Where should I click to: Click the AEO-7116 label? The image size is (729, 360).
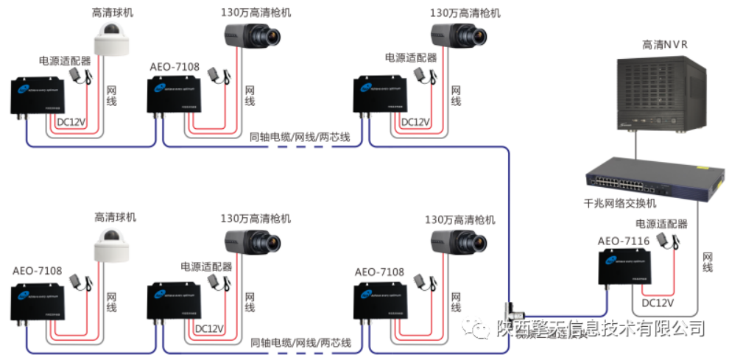(x=623, y=241)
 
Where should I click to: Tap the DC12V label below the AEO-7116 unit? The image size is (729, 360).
(x=658, y=303)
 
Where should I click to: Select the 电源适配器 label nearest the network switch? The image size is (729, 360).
(x=661, y=224)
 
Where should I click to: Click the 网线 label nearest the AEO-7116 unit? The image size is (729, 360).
(x=707, y=261)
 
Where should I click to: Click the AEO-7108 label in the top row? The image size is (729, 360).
(x=173, y=67)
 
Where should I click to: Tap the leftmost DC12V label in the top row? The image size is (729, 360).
(x=73, y=121)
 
